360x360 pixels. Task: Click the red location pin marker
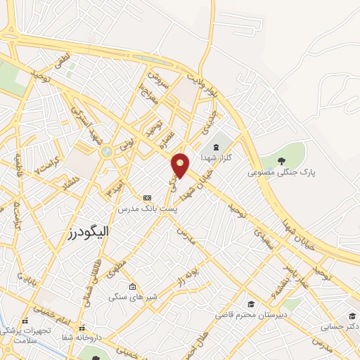181,165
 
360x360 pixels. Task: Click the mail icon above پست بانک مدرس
147,198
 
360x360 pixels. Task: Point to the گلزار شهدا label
216,157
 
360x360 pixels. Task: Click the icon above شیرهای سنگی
133,286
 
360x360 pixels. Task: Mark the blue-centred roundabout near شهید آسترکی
105,151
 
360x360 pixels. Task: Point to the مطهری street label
117,269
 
